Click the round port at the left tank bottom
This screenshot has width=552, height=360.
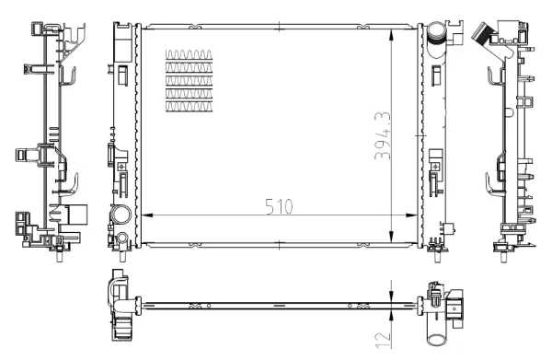click(120, 217)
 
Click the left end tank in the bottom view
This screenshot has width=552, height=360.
click(119, 302)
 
